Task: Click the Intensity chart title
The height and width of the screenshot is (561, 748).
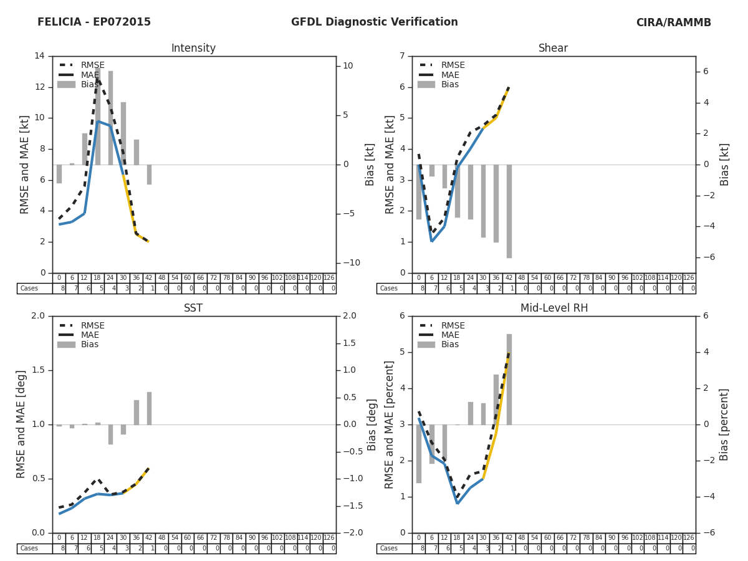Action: pyautogui.click(x=193, y=49)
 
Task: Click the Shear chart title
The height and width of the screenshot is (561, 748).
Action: pyautogui.click(x=553, y=49)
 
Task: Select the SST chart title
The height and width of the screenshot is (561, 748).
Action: pyautogui.click(x=193, y=309)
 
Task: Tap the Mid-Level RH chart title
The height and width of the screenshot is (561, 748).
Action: pyautogui.click(x=554, y=309)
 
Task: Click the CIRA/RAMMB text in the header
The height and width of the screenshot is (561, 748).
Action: pyautogui.click(x=673, y=22)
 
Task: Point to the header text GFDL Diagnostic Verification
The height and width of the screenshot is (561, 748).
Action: pyautogui.click(x=374, y=22)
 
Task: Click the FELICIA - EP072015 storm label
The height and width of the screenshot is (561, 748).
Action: pyautogui.click(x=94, y=22)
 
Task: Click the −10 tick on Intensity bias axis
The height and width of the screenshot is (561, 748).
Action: pyautogui.click(x=350, y=263)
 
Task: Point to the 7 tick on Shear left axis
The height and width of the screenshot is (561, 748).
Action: pyautogui.click(x=402, y=56)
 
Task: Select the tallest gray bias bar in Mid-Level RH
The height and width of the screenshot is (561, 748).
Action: pyautogui.click(x=509, y=379)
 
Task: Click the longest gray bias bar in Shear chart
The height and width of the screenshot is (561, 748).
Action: pyautogui.click(x=509, y=211)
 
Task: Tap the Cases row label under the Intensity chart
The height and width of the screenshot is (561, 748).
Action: pyautogui.click(x=29, y=289)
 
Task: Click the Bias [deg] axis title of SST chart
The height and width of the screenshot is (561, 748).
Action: pyautogui.click(x=372, y=424)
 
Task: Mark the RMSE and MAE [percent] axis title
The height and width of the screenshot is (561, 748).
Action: pyautogui.click(x=390, y=424)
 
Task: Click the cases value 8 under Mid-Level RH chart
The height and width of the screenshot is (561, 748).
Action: pyautogui.click(x=418, y=549)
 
